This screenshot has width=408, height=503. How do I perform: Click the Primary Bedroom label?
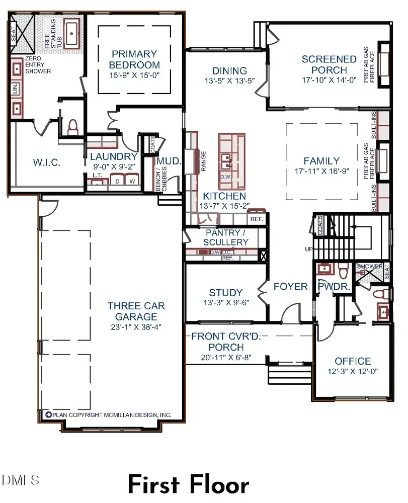click(134, 59)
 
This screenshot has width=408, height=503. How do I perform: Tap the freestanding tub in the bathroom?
click(71, 33)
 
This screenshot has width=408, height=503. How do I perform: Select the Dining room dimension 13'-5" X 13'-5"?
click(230, 80)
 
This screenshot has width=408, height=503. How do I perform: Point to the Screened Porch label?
click(329, 64)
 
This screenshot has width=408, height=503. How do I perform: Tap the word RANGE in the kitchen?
click(203, 161)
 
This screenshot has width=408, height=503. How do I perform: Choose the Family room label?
click(321, 161)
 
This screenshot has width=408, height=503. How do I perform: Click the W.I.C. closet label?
click(47, 162)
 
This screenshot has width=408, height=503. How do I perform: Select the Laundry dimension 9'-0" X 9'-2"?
click(114, 167)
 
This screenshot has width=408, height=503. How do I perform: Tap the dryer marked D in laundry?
click(117, 180)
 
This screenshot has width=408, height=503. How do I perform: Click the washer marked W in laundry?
click(132, 180)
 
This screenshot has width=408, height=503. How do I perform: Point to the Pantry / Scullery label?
click(226, 237)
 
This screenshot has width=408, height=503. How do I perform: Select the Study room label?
click(226, 293)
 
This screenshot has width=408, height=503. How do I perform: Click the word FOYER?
click(291, 287)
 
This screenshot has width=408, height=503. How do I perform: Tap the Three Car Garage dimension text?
click(136, 327)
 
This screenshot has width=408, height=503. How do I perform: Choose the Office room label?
click(353, 361)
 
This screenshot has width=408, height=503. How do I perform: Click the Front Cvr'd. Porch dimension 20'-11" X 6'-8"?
click(226, 357)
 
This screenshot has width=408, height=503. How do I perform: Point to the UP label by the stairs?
click(308, 249)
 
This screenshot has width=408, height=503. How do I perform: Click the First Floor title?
click(189, 484)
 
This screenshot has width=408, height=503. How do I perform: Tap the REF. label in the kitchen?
click(257, 219)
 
